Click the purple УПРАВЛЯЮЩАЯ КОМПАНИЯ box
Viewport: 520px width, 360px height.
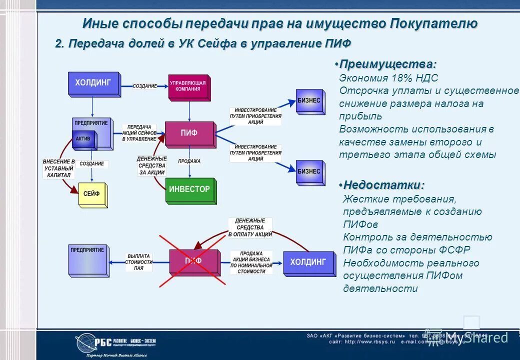[x=189, y=87]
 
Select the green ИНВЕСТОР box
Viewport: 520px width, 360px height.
[x=190, y=190]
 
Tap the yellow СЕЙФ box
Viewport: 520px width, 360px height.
[x=92, y=194]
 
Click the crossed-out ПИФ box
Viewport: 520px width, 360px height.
[x=193, y=261]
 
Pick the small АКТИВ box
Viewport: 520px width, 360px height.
[x=83, y=139]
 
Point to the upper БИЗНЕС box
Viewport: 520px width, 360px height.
[x=309, y=101]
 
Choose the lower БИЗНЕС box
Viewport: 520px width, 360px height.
[x=309, y=171]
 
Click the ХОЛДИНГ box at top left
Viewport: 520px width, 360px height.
[x=93, y=83]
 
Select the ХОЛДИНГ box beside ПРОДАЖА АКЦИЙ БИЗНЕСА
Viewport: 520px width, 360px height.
[x=308, y=262]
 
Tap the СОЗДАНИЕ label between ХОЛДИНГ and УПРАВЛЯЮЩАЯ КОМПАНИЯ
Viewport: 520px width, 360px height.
[x=144, y=86]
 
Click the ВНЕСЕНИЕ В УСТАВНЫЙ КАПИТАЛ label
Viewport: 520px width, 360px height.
[x=58, y=168]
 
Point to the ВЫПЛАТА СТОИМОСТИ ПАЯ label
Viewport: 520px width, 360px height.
[x=138, y=261]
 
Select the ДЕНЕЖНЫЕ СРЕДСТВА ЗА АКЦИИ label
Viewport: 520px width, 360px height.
[x=151, y=165]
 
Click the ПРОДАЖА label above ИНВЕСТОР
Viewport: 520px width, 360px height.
[x=189, y=161]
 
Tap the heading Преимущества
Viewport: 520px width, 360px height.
[x=387, y=64]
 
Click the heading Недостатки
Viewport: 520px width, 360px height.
[x=383, y=185]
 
